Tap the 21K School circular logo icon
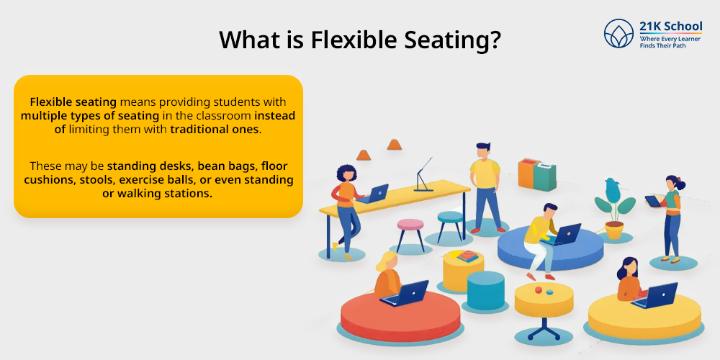pyautogui.click(x=618, y=34)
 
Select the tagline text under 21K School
pyautogui.click(x=670, y=42)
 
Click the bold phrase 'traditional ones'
pyautogui.click(x=215, y=129)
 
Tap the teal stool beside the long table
pyautogui.click(x=450, y=225)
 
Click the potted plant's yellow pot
pyautogui.click(x=614, y=230)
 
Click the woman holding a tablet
pyautogui.click(x=670, y=219)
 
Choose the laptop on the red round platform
pyautogui.click(x=405, y=294)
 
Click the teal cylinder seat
pyautogui.click(x=486, y=291)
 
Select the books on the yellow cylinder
pyautogui.click(x=467, y=256)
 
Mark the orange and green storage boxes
pyautogui.click(x=537, y=174)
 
